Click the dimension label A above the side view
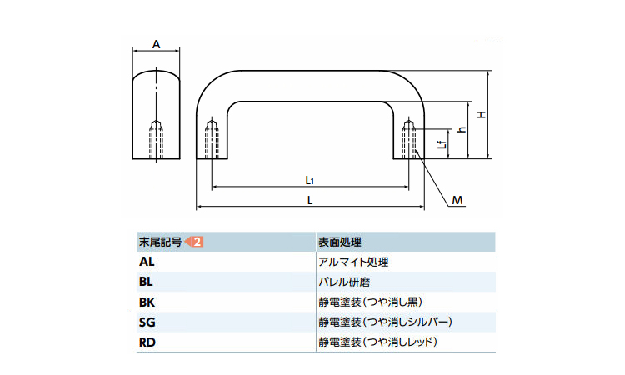click(x=157, y=45)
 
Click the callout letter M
click(x=457, y=200)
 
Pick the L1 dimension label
click(x=309, y=179)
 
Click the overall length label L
click(x=309, y=200)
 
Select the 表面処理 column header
click(x=339, y=242)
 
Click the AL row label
click(x=147, y=262)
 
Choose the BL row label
click(x=147, y=282)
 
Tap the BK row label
click(x=147, y=302)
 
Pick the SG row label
click(x=147, y=322)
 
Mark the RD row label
click(x=147, y=342)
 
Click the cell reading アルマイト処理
click(x=353, y=262)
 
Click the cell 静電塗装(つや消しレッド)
click(x=377, y=342)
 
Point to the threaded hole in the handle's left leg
click(x=212, y=139)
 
